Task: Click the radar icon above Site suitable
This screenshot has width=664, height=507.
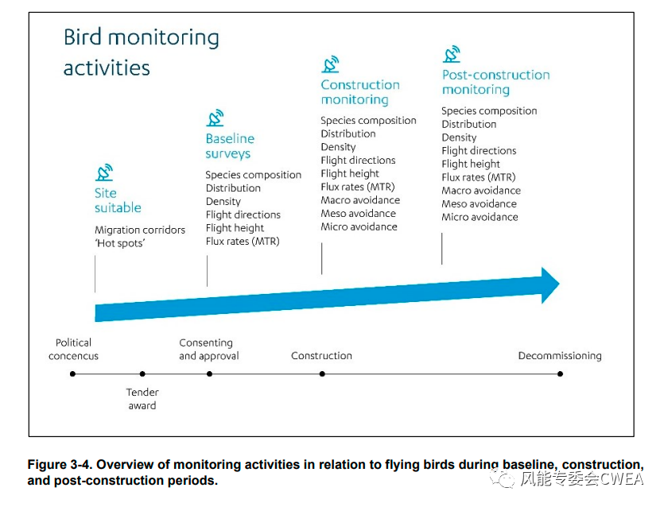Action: coord(104,172)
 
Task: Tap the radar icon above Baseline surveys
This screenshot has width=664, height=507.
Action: coord(215,118)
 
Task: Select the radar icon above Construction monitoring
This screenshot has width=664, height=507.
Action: coord(330,64)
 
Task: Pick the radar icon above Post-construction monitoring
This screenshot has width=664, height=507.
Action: coord(452,54)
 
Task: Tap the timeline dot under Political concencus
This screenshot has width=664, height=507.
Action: coord(73,373)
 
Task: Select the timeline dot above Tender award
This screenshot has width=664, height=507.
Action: coord(142,373)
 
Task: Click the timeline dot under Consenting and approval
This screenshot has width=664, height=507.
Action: coord(209,373)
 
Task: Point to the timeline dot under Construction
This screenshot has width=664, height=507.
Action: coord(322,373)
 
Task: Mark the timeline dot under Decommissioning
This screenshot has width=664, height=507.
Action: coord(561,373)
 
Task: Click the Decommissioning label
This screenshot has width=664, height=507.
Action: coord(560,355)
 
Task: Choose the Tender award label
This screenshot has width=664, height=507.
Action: coord(142,399)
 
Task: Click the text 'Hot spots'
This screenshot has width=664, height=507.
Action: coord(120,243)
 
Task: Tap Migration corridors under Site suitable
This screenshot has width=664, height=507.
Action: coord(140,230)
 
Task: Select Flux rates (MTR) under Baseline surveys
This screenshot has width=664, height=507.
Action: coord(243,242)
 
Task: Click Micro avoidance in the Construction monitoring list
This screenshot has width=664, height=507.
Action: coord(359,226)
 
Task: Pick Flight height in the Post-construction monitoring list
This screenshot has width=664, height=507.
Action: coord(471,164)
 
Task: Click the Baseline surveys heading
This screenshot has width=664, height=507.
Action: coord(230,146)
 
